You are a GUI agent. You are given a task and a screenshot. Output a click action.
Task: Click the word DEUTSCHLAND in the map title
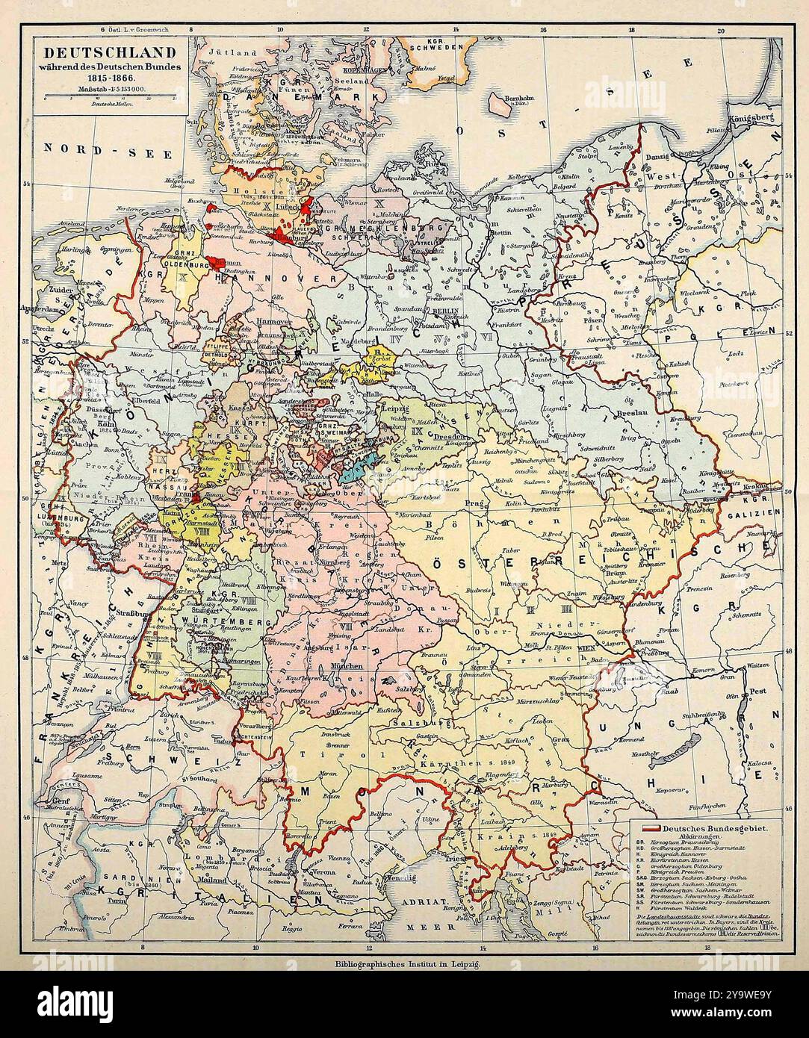coord(109,53)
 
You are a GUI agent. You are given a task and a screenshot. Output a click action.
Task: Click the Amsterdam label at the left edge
coord(40,308)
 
